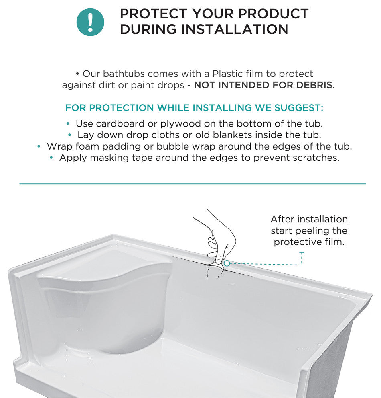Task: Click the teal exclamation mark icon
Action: [90, 22]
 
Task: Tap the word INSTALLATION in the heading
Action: [235, 29]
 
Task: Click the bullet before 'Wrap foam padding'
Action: [39, 146]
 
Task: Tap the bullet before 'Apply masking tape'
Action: [51, 158]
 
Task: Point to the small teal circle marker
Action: [227, 263]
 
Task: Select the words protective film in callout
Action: [309, 242]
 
